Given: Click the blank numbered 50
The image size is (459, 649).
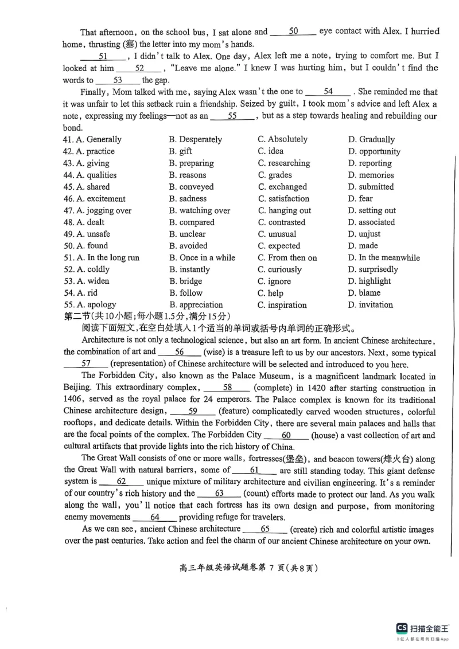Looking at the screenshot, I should pyautogui.click(x=293, y=32).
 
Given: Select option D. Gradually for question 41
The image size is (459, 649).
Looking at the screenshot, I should pyautogui.click(x=371, y=139).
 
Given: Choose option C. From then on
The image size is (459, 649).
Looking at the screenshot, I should pyautogui.click(x=287, y=258).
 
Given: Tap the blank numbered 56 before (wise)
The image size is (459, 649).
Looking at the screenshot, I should pyautogui.click(x=179, y=352).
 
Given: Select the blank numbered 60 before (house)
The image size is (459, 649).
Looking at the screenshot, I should pyautogui.click(x=286, y=435).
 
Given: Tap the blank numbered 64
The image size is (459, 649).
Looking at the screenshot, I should pyautogui.click(x=154, y=517).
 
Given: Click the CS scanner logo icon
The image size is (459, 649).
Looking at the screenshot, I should pyautogui.click(x=400, y=628).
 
